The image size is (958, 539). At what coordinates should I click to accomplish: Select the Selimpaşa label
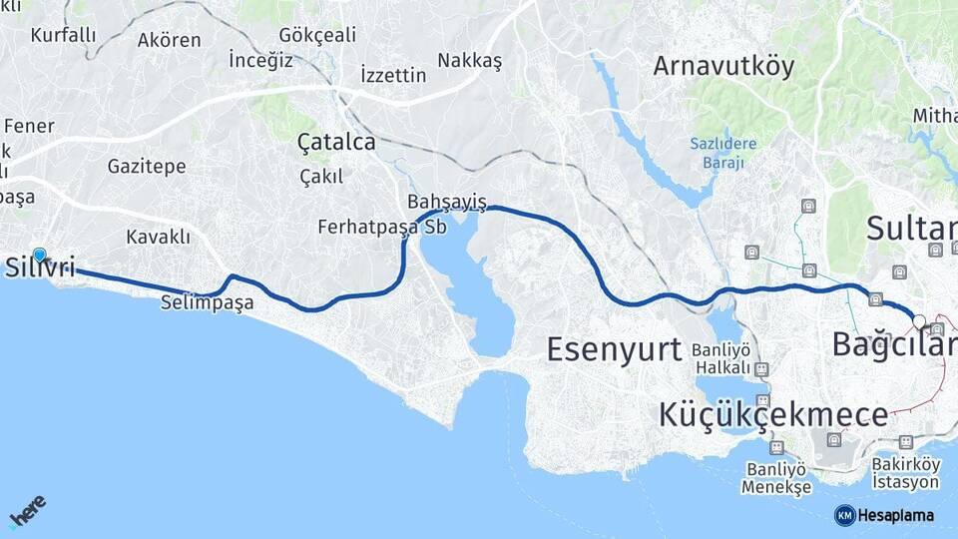click(x=207, y=301)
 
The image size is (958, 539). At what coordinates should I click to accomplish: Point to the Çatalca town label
click(x=336, y=143)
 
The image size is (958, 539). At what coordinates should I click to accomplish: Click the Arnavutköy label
click(x=723, y=66)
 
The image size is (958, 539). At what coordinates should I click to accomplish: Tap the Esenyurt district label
click(x=614, y=349)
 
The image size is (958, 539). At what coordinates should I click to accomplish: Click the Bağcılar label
click(x=894, y=345)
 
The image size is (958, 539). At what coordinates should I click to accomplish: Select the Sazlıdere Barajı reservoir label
click(x=723, y=153)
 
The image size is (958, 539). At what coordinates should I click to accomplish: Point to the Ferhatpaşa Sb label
click(x=381, y=227)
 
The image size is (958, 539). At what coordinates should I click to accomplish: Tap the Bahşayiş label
click(x=446, y=203)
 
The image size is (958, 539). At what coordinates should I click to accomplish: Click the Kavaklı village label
click(x=158, y=237)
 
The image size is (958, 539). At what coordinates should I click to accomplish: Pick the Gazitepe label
click(x=146, y=167)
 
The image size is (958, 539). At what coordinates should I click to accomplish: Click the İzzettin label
click(x=393, y=75)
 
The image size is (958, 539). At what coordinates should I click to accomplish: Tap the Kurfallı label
click(x=63, y=35)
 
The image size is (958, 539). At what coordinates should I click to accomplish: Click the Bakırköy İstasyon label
click(x=905, y=473)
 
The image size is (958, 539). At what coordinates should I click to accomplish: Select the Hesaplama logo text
click(x=895, y=515)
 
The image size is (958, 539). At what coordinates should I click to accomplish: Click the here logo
click(x=28, y=512)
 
